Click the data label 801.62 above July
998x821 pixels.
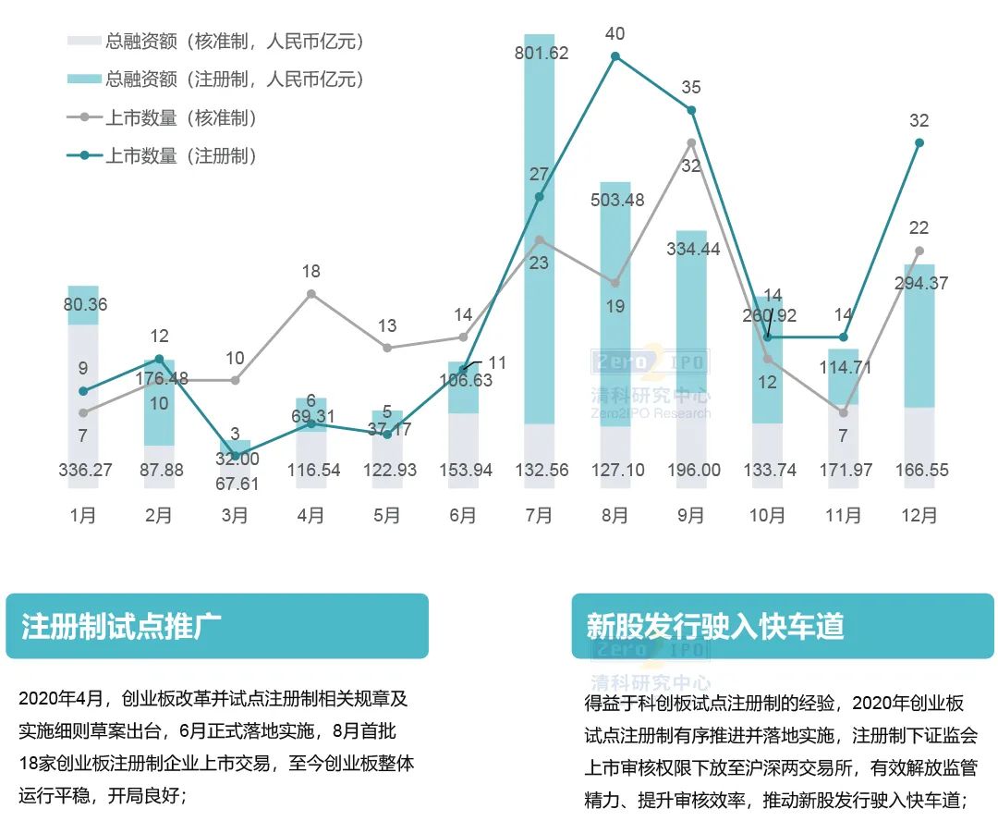point(542,53)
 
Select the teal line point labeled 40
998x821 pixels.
point(615,56)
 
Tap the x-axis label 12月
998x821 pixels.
point(919,516)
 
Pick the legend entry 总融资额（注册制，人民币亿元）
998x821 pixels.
point(235,79)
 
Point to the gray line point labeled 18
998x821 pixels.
point(311,294)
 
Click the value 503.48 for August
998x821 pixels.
point(617,200)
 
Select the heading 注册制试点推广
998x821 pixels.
point(121,626)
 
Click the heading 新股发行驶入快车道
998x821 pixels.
point(715,626)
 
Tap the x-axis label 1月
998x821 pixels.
point(83,516)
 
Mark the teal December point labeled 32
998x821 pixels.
point(919,142)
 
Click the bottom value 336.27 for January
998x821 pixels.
point(85,470)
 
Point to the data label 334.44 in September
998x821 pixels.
point(693,249)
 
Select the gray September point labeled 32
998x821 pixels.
point(691,142)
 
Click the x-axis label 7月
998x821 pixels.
point(539,516)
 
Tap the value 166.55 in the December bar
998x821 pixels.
point(921,470)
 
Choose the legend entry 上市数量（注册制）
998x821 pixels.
point(180,155)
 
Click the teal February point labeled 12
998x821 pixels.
point(159,359)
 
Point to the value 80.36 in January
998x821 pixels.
point(84,304)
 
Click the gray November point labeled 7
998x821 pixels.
point(843,412)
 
